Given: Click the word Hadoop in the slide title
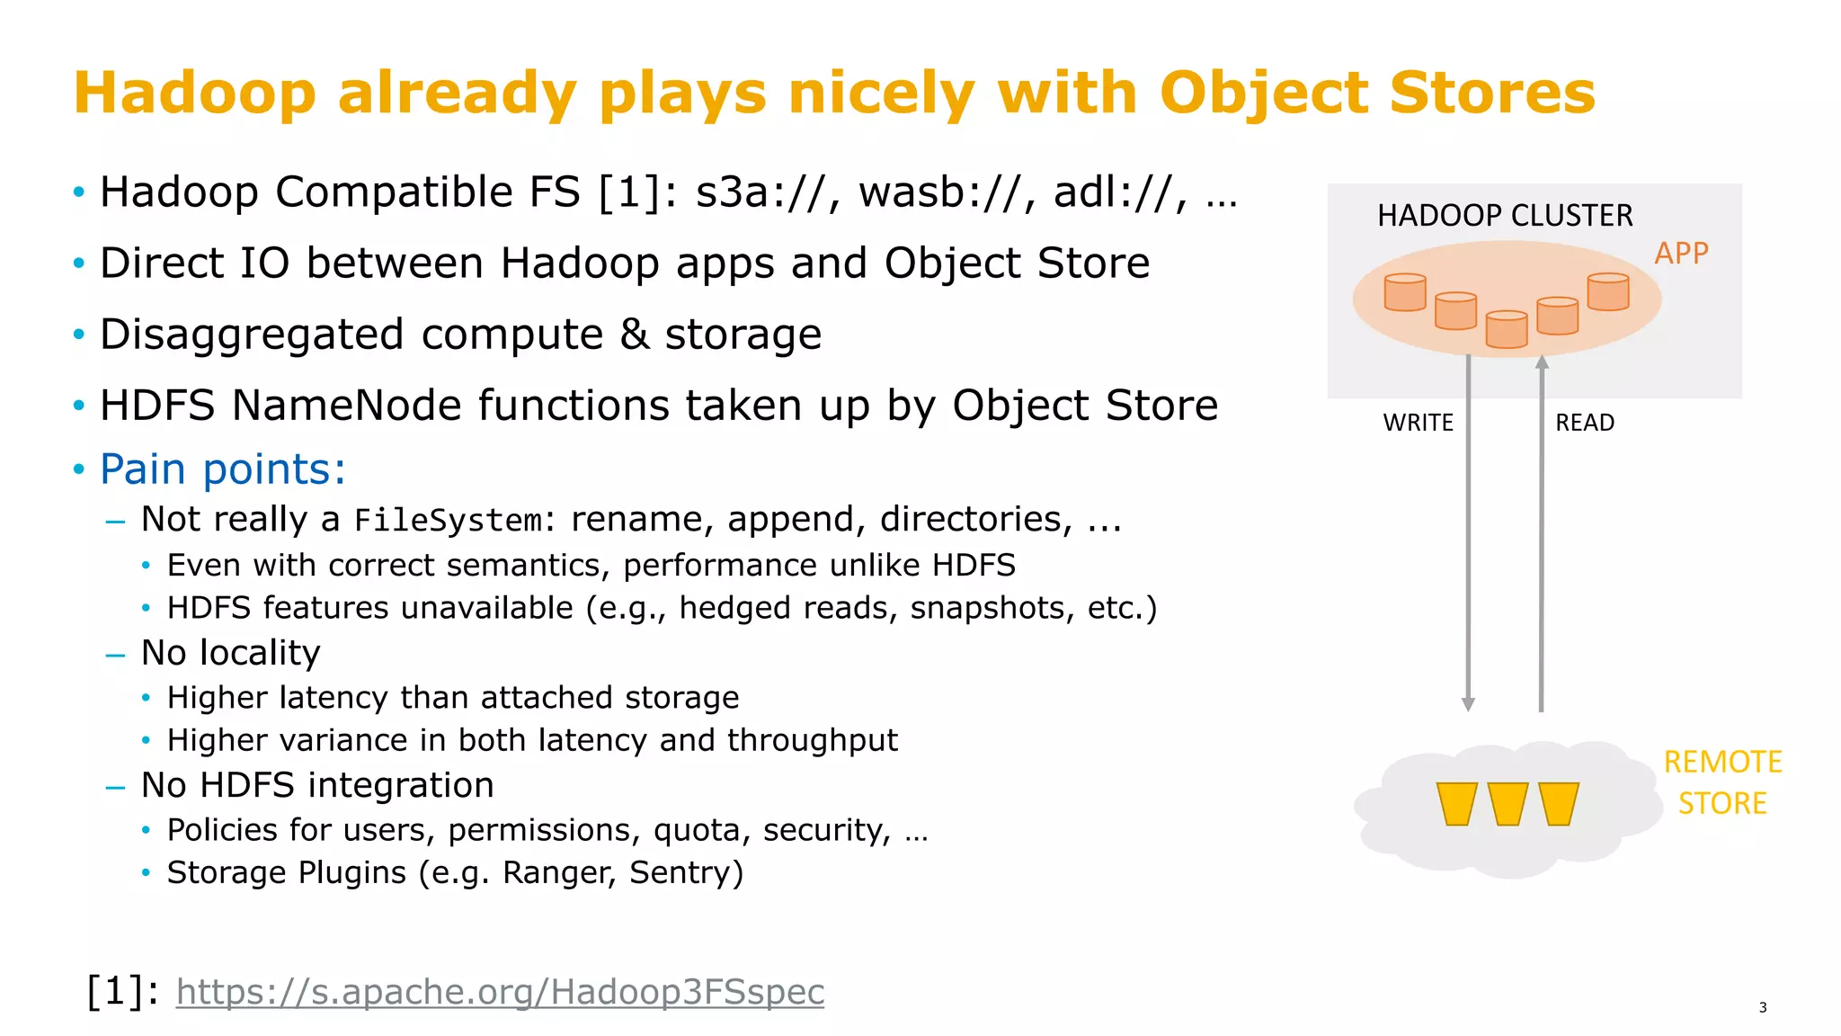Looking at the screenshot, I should click(x=194, y=94).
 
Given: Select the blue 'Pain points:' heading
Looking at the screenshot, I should click(x=222, y=469).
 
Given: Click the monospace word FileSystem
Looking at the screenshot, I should click(x=449, y=521).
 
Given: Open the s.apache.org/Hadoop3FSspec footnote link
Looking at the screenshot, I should click(x=500, y=992).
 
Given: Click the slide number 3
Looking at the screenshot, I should click(x=1762, y=1007).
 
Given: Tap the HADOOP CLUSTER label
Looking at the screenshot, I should click(x=1504, y=216).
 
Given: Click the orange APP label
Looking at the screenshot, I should click(x=1680, y=254).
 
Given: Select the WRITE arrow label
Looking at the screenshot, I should click(x=1417, y=423).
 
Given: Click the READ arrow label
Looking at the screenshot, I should click(x=1584, y=423).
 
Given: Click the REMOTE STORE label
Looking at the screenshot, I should click(x=1721, y=782).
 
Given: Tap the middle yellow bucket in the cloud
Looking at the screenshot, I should click(x=1507, y=804).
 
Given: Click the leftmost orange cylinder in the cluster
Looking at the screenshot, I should click(x=1404, y=293).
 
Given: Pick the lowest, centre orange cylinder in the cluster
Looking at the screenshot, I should click(x=1506, y=329).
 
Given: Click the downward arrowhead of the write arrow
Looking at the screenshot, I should click(x=1468, y=704).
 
